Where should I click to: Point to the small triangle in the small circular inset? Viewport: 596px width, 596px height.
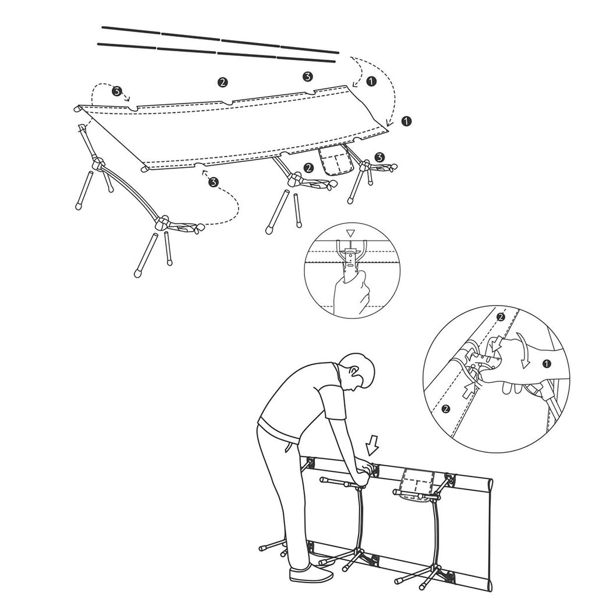pos(350,233)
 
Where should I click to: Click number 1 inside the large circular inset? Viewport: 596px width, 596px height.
pos(545,364)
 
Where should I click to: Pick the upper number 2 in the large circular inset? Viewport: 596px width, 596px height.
pos(500,317)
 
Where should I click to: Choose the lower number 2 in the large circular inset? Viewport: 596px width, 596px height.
pos(445,408)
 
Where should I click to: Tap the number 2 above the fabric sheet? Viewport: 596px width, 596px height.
pos(222,81)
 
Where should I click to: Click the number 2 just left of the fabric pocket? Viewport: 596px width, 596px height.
pos(308,168)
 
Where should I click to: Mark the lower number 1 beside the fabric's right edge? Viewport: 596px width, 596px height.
pos(406,120)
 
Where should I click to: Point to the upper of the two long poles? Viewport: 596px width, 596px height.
pos(220,38)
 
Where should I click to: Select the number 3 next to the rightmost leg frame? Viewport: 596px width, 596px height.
pos(379,157)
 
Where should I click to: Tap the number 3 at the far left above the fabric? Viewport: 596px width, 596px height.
pos(117,91)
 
